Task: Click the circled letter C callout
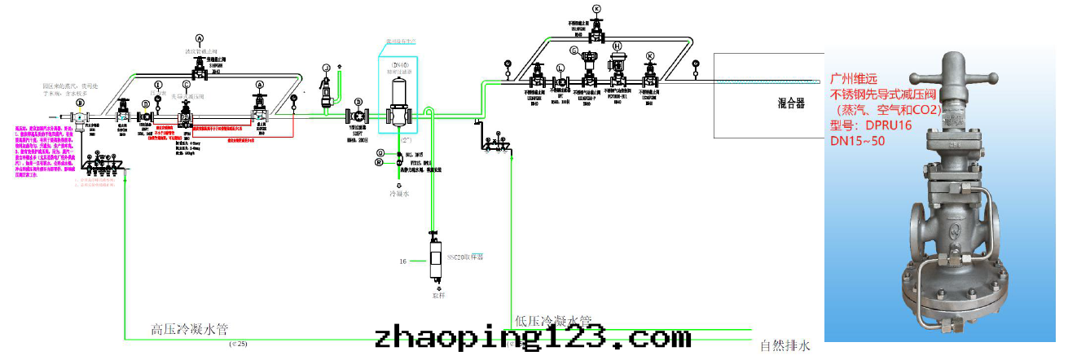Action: click(187, 85)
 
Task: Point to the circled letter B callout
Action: click(80, 103)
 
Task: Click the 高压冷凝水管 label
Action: click(190, 330)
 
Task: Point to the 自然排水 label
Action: click(785, 345)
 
